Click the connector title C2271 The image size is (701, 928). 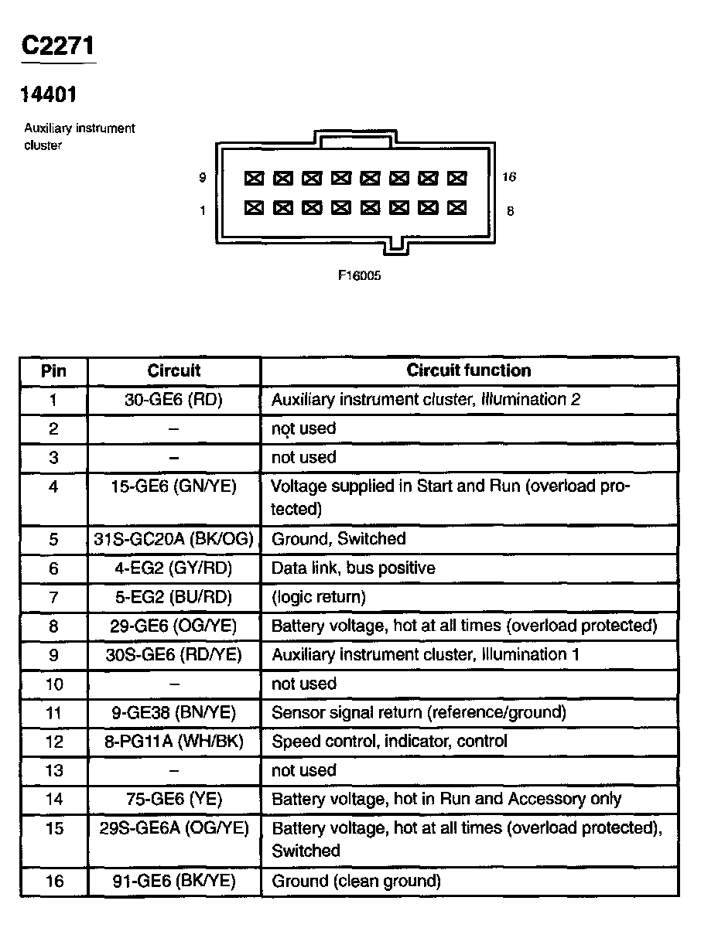coord(59,46)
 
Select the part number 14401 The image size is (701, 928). coord(48,94)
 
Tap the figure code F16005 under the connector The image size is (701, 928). coord(359,275)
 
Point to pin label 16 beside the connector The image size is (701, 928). coord(508,177)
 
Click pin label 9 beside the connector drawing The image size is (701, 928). coord(202,178)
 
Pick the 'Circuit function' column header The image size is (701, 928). coord(469,370)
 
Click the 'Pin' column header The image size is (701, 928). coord(53,370)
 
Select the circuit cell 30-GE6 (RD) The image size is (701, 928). coord(173,400)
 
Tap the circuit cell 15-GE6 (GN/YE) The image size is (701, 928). coord(173,486)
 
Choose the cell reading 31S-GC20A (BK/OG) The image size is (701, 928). coord(173,539)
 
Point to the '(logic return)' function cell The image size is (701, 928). coord(319,597)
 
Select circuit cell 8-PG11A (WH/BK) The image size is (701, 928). coord(173,742)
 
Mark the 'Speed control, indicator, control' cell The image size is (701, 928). coord(389,742)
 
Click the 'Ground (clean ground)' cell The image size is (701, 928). coord(356,881)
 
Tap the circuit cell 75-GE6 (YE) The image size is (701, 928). coord(173,799)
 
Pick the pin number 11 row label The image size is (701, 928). coord(53,712)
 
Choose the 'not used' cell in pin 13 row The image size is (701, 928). coord(304,770)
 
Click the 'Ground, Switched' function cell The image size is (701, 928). coord(338,539)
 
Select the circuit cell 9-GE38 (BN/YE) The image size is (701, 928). coord(173,712)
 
